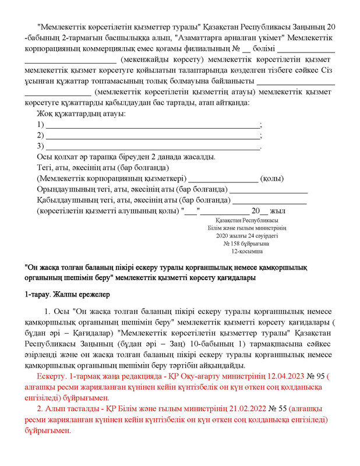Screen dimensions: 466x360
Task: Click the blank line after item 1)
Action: (153, 126)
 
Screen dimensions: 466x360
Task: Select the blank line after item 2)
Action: (153, 136)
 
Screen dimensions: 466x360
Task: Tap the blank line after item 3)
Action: (153, 147)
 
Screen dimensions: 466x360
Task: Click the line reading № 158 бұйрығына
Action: (246, 244)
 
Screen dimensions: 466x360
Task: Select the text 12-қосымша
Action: (246, 252)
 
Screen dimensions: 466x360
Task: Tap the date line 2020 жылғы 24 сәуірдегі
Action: (246, 236)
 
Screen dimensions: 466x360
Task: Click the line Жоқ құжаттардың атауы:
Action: (81, 113)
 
